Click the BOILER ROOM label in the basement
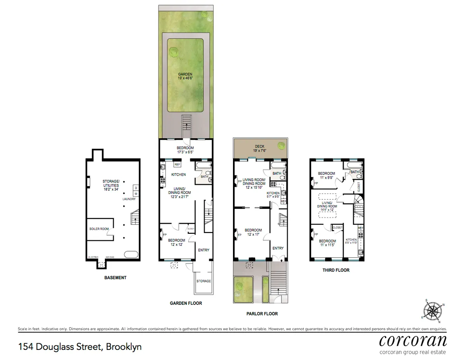(x=99, y=229)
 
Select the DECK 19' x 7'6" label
(x=255, y=148)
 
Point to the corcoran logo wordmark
(x=412, y=341)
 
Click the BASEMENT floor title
(x=115, y=278)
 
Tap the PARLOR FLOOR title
(x=262, y=313)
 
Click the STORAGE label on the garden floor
(x=203, y=281)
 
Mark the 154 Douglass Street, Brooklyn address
(x=80, y=346)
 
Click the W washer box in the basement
(x=136, y=193)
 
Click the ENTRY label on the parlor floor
(x=278, y=248)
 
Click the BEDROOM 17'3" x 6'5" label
(x=185, y=150)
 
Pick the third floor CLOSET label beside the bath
(x=359, y=187)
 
